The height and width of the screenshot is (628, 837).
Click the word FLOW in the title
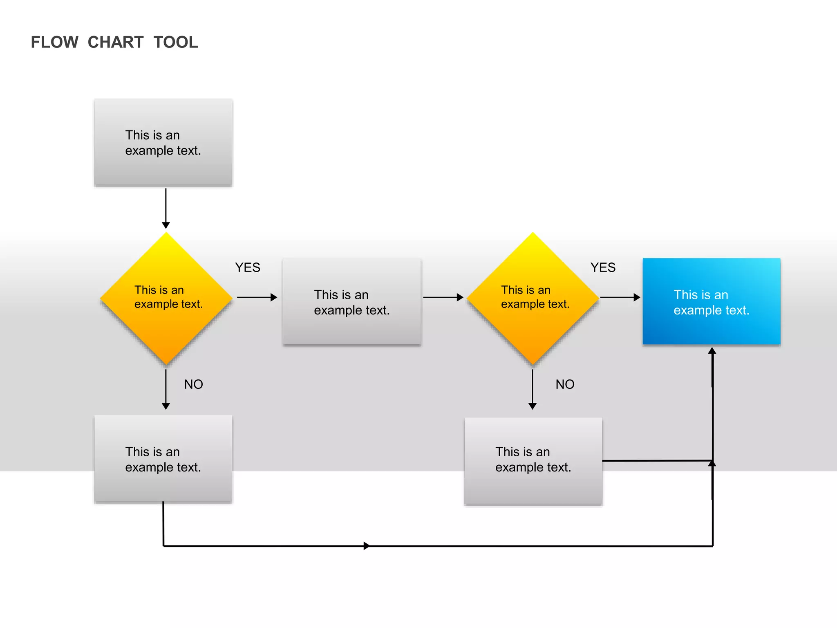(x=54, y=43)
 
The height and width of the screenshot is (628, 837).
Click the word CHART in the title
(x=116, y=43)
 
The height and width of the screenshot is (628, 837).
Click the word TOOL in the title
(x=176, y=43)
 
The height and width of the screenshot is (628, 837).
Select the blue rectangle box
(x=711, y=301)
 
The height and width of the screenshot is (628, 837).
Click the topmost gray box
(x=163, y=142)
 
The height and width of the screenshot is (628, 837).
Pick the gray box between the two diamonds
(x=352, y=302)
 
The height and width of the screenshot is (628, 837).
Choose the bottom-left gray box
(x=163, y=459)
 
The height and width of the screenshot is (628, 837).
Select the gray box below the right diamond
(x=533, y=461)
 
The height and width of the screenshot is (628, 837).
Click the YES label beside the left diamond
(x=248, y=267)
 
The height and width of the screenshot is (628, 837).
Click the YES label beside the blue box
(x=603, y=267)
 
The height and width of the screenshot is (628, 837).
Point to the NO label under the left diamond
(x=193, y=384)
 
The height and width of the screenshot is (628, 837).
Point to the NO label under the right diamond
(x=565, y=384)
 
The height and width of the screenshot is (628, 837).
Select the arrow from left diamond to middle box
(x=257, y=297)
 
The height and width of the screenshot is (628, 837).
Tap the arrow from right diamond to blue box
(x=620, y=297)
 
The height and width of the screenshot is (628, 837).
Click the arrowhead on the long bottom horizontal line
(x=367, y=546)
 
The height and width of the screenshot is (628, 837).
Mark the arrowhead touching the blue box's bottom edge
(x=712, y=351)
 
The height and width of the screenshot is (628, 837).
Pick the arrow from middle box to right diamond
(x=443, y=297)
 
